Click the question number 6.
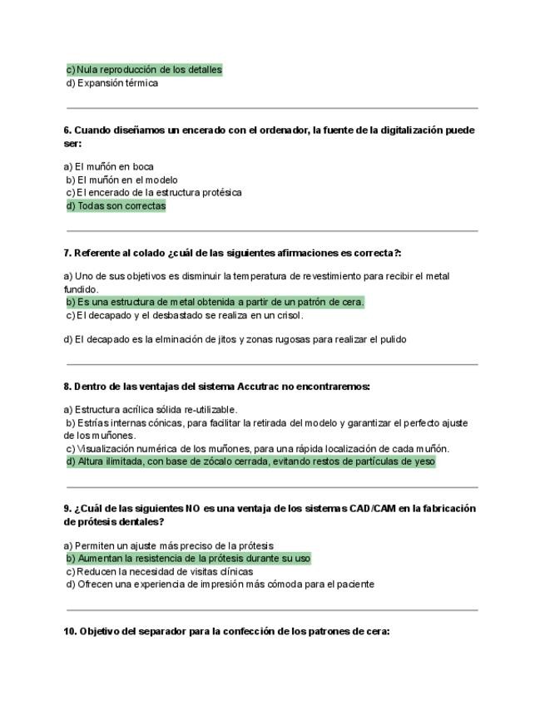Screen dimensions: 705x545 click(x=67, y=131)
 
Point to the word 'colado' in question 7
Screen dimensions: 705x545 click(x=148, y=253)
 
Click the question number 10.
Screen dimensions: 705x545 click(x=70, y=631)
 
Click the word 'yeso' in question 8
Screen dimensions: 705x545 click(x=424, y=461)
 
